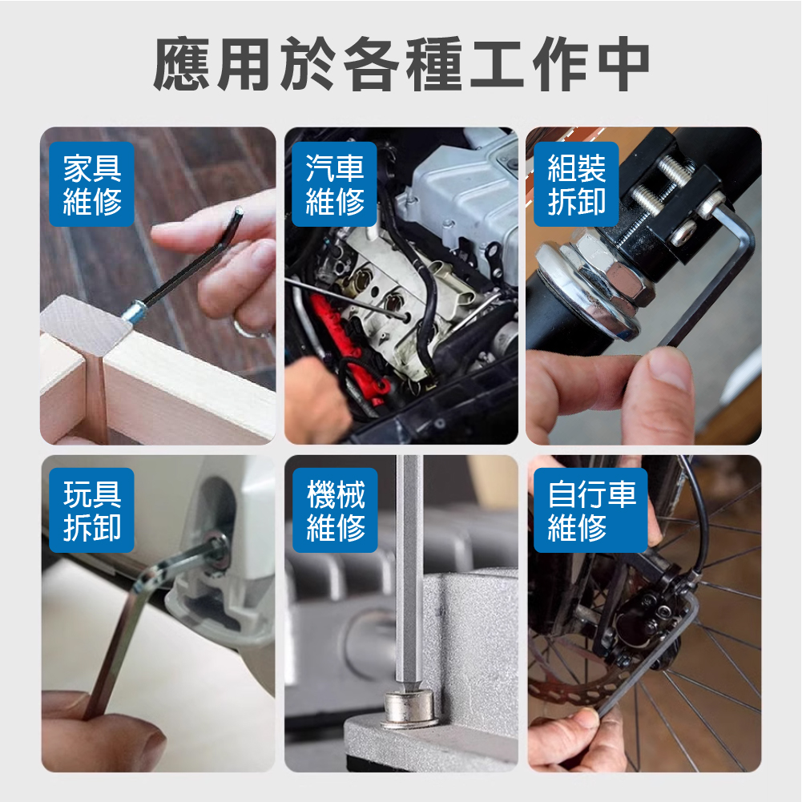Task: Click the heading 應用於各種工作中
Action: (401, 64)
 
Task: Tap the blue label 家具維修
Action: (92, 184)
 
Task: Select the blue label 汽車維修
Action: (335, 184)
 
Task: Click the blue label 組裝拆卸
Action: (576, 184)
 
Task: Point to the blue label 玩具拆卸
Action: (92, 510)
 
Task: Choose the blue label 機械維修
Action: (335, 510)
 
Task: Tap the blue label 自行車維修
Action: (590, 510)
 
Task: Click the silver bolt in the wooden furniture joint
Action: (134, 311)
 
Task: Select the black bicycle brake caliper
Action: (647, 614)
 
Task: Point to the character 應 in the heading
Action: (182, 64)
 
